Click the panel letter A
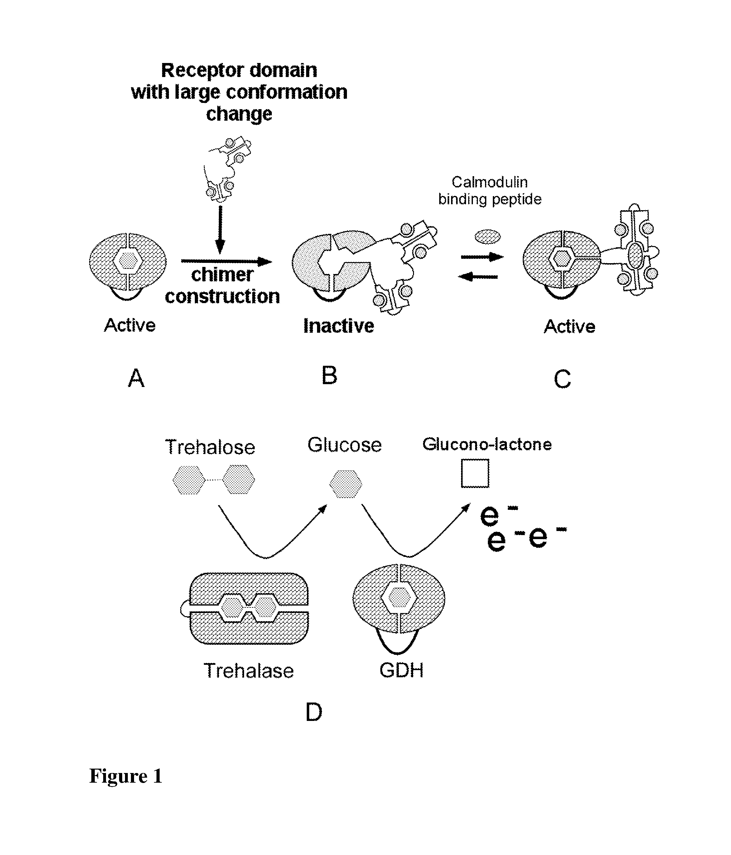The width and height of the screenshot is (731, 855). (136, 378)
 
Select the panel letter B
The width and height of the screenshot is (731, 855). (329, 375)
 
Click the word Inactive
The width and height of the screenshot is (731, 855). (339, 326)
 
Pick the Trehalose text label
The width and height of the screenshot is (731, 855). (210, 447)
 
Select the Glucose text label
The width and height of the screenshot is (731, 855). (344, 445)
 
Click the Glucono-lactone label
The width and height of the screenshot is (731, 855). (487, 444)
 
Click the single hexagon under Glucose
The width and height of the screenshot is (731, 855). (346, 484)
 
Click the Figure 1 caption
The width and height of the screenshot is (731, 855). (126, 776)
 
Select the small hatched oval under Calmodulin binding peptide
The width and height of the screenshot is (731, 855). (488, 237)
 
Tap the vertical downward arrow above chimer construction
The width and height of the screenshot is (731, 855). (220, 230)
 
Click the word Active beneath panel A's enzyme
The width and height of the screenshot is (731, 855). (130, 325)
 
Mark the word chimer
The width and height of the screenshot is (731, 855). (222, 275)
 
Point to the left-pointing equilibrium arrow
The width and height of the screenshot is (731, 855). (479, 277)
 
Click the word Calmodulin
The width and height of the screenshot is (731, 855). (490, 182)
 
